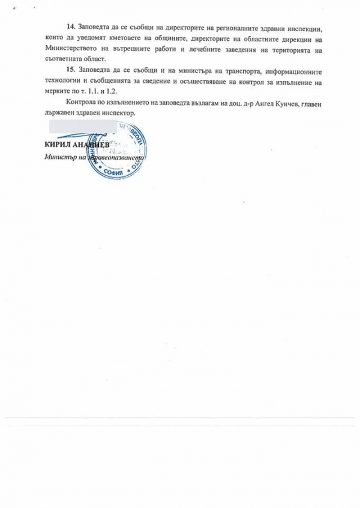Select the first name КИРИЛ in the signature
(x=56, y=146)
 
